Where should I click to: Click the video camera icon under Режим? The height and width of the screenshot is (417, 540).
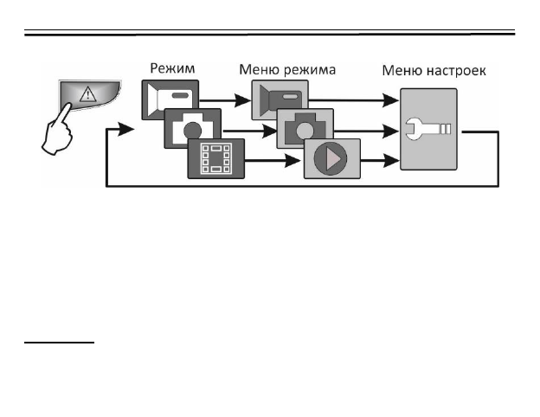(169, 99)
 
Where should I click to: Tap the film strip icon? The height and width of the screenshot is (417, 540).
(216, 157)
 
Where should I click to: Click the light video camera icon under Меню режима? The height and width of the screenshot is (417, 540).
(280, 98)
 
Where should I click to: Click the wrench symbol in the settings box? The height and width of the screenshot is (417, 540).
(427, 131)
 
